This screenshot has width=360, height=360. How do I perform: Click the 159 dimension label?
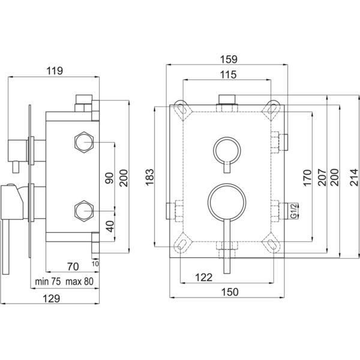[x=229, y=59]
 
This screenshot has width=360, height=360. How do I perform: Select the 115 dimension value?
[x=228, y=74]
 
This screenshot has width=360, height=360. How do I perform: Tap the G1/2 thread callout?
[x=293, y=211]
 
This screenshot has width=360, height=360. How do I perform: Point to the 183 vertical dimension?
[x=149, y=177]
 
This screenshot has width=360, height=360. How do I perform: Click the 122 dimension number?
[x=203, y=277]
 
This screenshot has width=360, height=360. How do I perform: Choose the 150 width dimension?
[x=230, y=292]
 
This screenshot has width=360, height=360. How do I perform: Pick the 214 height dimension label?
[x=354, y=177]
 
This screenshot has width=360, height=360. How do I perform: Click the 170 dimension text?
[x=307, y=178]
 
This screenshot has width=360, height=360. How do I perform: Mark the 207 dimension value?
[x=322, y=177]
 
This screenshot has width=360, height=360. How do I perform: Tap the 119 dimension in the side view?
[x=55, y=71]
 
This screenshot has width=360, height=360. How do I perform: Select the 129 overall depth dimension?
[x=52, y=298]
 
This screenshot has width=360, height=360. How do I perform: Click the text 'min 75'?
[x=48, y=281]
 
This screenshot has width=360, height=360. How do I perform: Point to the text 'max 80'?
[x=79, y=281]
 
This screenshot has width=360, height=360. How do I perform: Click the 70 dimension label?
[x=73, y=266]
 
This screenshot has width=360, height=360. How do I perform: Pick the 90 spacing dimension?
[x=110, y=178]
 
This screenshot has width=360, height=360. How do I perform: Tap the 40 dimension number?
[x=110, y=226]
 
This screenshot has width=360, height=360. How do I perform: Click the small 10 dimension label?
[x=95, y=264]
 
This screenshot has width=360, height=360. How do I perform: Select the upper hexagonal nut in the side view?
[x=84, y=142]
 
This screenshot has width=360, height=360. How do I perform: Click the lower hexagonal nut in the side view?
[x=84, y=211]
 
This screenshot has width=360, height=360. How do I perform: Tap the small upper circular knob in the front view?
[x=227, y=138]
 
